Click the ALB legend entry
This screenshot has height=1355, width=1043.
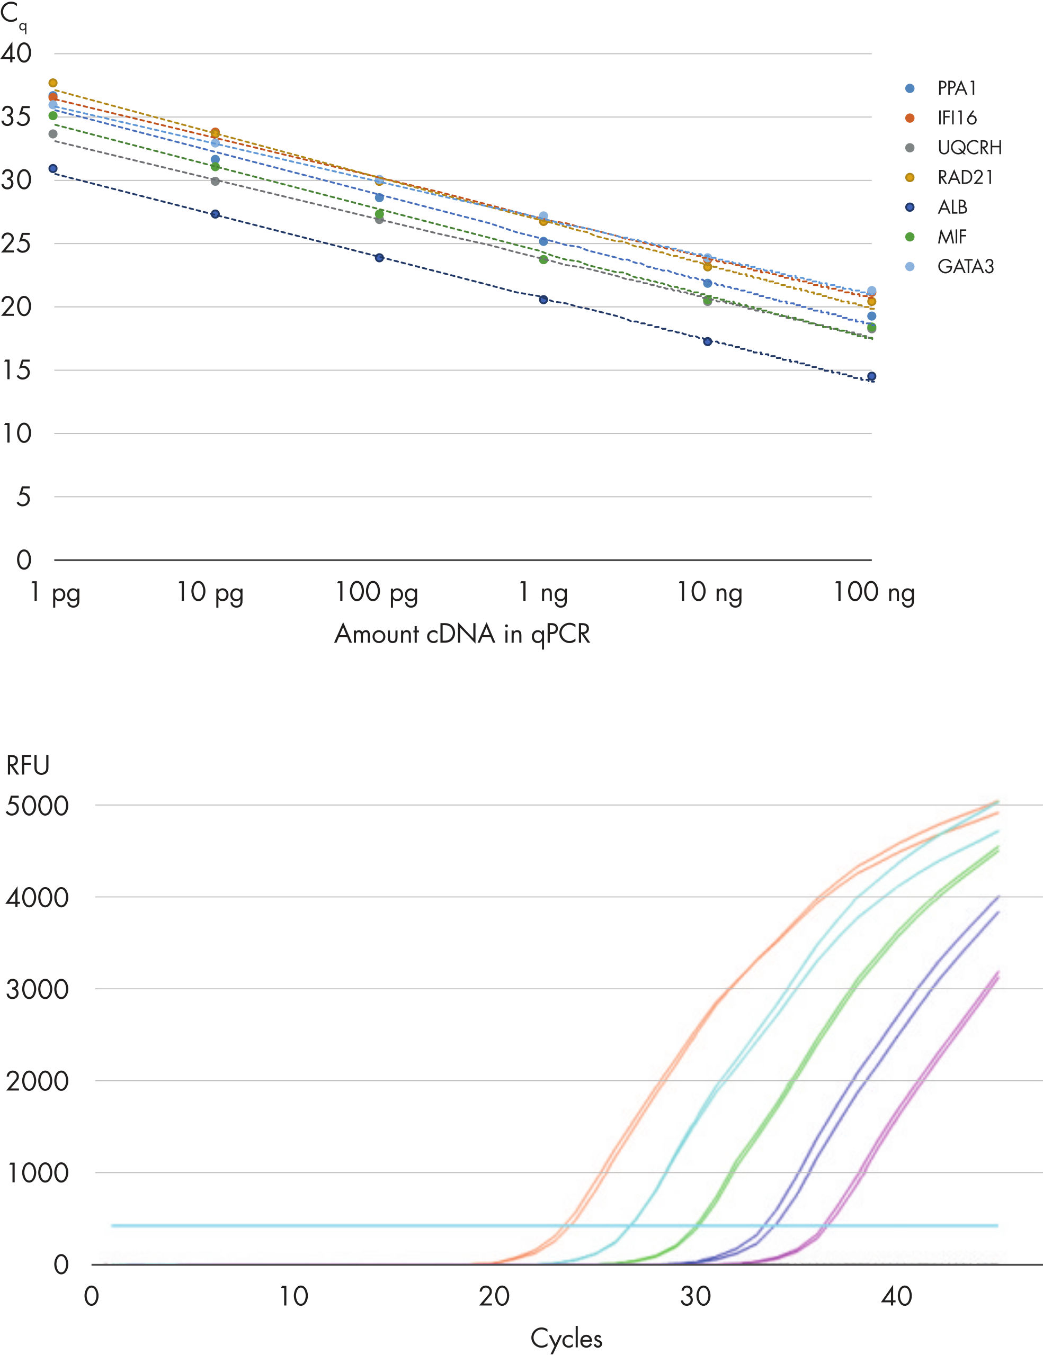[952, 207]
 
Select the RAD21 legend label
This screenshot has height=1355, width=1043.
[965, 177]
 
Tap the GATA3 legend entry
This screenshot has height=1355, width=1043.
[965, 267]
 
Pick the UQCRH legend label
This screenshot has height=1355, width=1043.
[969, 148]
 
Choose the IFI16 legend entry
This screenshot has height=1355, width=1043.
[957, 118]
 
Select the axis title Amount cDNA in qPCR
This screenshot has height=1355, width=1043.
[462, 634]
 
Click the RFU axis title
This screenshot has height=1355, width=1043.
[28, 765]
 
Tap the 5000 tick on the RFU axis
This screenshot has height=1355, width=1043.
[37, 806]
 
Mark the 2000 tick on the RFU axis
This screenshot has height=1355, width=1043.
[37, 1081]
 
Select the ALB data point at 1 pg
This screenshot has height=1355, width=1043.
[53, 169]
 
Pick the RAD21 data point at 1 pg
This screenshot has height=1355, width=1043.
[53, 83]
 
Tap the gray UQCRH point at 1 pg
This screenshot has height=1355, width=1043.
[53, 134]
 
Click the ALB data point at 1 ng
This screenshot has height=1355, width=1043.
[543, 300]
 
